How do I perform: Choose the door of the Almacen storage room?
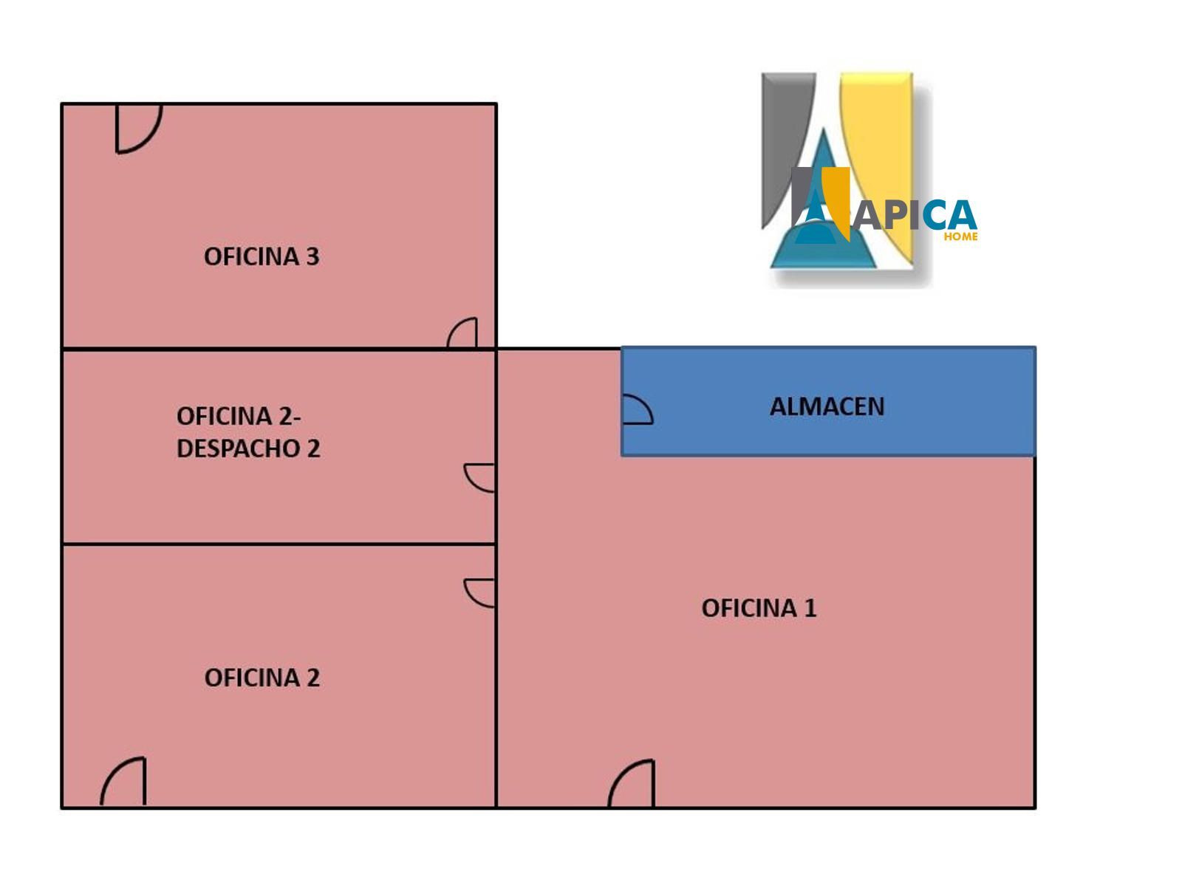click(636, 409)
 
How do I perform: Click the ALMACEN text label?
click(827, 406)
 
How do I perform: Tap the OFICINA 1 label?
click(759, 608)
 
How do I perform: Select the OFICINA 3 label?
click(262, 256)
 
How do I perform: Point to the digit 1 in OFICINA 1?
click(810, 608)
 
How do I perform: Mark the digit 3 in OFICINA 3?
click(312, 256)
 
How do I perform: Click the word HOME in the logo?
click(960, 236)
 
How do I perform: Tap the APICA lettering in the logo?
click(915, 215)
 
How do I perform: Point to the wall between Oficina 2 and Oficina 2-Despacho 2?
click(278, 544)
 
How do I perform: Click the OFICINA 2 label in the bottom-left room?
click(262, 678)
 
